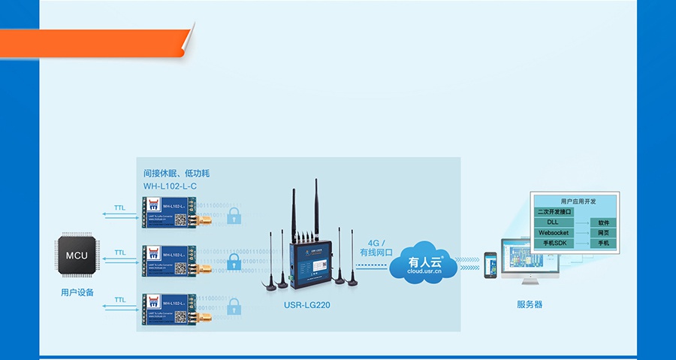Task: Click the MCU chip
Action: coord(77,256)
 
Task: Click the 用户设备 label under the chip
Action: coord(77,292)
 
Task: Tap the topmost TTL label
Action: coord(120,207)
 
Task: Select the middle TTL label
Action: coord(120,253)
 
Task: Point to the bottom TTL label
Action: coord(120,299)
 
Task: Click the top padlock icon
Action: coord(234,216)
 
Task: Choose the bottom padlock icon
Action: coord(234,307)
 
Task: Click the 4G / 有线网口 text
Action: coord(376,248)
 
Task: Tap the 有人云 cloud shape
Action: coord(426,264)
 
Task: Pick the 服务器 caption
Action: coord(529,304)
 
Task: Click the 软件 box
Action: coord(603,223)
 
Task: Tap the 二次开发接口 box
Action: coord(554,212)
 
